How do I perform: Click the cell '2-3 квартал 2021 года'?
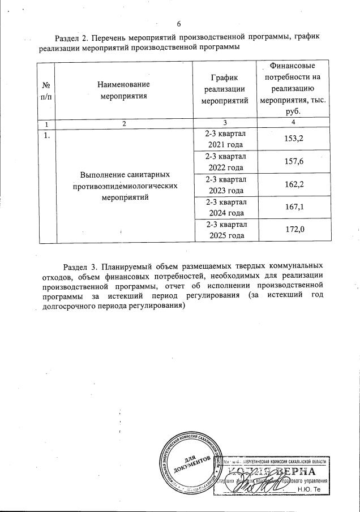point(225,139)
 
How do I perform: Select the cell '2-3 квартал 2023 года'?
point(225,185)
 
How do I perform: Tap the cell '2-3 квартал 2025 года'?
point(225,230)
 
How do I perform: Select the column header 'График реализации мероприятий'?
point(225,89)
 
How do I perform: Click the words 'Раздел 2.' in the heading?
point(72,37)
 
